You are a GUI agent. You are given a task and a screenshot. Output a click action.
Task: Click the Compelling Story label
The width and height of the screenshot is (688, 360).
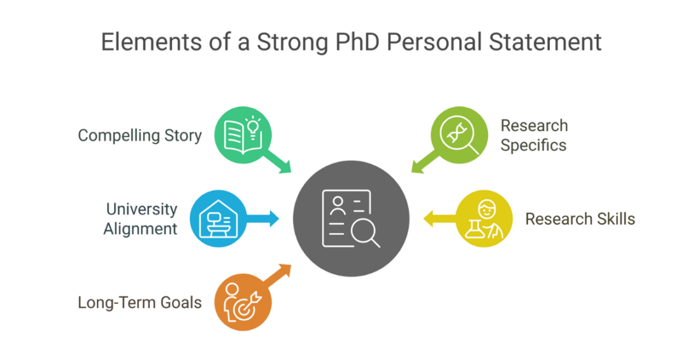coord(140,135)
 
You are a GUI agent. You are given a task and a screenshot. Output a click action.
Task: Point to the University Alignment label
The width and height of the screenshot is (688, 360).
coord(141,219)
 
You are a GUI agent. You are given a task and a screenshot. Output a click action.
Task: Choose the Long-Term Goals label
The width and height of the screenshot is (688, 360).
coord(140,302)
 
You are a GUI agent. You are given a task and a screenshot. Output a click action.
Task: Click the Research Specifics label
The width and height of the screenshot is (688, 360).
coord(534,135)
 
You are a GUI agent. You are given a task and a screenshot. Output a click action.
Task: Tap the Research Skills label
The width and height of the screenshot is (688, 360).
coord(580,219)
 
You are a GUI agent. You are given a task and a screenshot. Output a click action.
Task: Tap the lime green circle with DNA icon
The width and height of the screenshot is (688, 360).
coord(457,134)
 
